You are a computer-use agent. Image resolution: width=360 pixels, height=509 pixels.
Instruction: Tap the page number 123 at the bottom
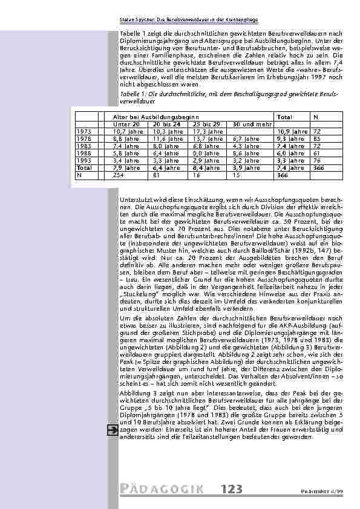click(x=231, y=488)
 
